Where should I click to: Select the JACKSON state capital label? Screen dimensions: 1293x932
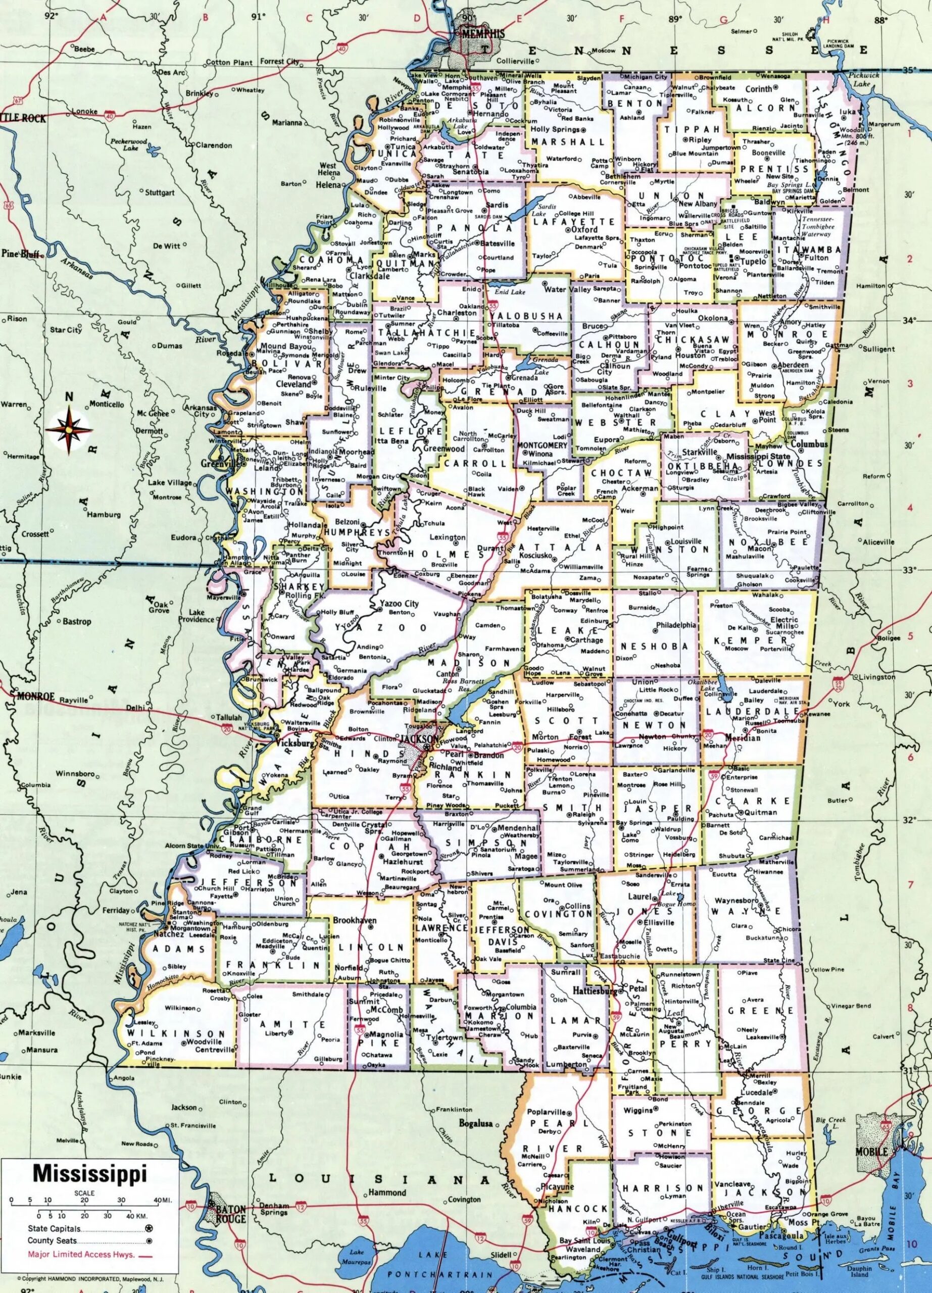click(x=420, y=739)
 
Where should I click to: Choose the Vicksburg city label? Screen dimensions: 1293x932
click(x=294, y=743)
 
